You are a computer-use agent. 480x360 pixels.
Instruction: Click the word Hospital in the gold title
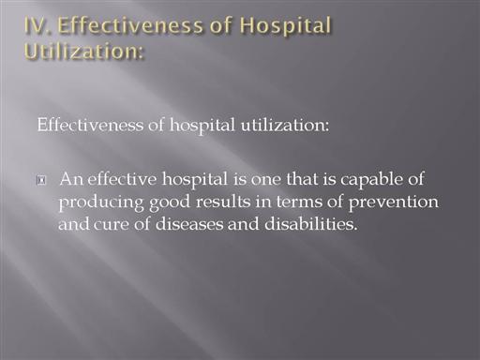tap(286, 27)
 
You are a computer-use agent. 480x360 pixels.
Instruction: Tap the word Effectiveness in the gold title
tap(130, 25)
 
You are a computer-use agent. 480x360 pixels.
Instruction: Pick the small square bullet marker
tap(41, 180)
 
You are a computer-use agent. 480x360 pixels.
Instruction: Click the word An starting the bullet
tap(71, 179)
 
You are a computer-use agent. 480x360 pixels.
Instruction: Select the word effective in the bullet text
tap(122, 179)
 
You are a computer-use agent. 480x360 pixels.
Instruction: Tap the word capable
tap(371, 180)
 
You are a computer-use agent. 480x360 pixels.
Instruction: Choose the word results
tap(223, 202)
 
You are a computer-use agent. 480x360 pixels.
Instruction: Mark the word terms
tap(299, 202)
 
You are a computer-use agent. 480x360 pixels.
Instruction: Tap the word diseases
tap(189, 224)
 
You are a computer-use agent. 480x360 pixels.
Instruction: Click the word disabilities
tap(311, 224)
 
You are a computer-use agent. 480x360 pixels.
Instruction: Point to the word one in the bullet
tap(266, 180)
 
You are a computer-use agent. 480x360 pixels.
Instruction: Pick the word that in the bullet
tap(302, 179)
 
